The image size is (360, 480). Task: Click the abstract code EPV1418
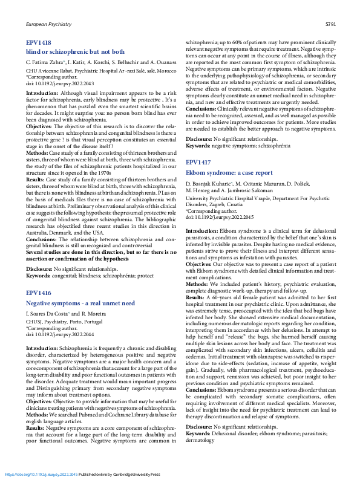point(39,43)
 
